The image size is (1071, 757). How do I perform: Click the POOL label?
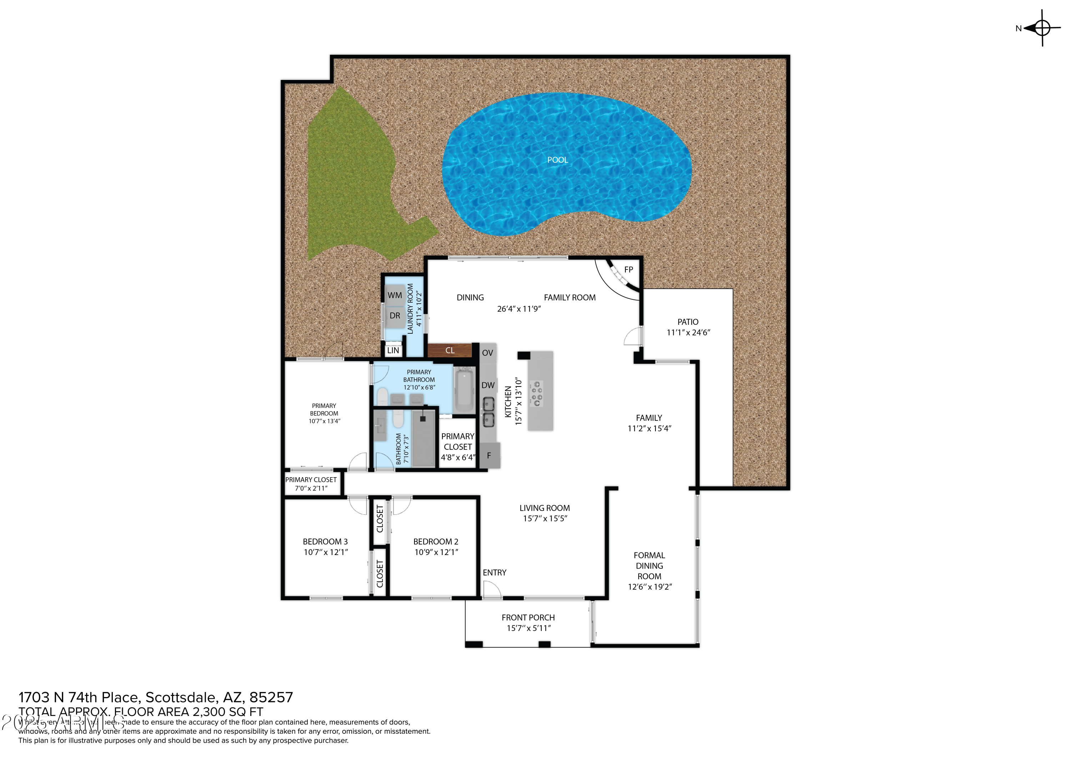coord(557,160)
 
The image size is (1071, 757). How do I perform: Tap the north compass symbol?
coord(1042,28)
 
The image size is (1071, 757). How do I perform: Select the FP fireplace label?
coord(628,269)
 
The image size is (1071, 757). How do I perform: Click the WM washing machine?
coord(394,295)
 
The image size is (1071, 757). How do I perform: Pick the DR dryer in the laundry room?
coord(394,316)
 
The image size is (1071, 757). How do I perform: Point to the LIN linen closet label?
coord(393,350)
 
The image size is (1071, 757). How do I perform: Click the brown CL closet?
coord(450,350)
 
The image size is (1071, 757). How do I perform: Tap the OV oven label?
coord(487,353)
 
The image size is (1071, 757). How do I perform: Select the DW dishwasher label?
coord(488,385)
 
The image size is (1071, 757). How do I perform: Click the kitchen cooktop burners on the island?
coord(537,394)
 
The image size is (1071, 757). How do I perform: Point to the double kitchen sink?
coord(488,412)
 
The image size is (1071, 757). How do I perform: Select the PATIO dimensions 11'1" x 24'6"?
coord(688,333)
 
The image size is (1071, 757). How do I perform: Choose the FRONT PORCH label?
coord(528,617)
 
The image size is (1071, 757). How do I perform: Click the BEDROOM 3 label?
coord(325,541)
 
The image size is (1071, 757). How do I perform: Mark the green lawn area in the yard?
coord(350,177)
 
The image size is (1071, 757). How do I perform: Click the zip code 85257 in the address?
coord(271,697)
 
